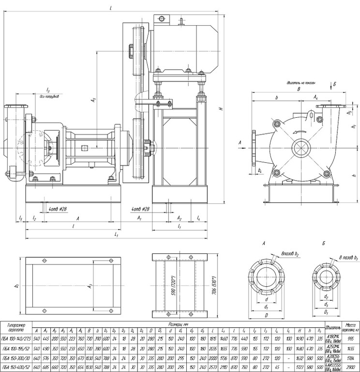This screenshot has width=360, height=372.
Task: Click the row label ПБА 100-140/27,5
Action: pos(15,339)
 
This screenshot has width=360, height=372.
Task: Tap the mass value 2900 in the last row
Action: pos(349,366)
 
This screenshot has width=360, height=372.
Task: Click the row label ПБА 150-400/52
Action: pos(15,366)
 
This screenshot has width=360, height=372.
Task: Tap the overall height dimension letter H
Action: pos(220,108)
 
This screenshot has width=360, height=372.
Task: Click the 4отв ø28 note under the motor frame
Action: pos(141,209)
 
